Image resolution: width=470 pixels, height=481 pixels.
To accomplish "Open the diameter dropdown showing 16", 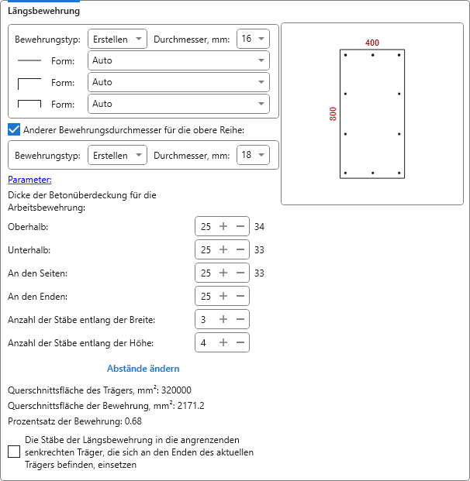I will [x=252, y=39].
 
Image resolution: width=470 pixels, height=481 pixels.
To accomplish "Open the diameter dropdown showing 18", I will [x=252, y=155].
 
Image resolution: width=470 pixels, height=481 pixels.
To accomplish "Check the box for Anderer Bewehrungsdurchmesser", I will [x=14, y=129].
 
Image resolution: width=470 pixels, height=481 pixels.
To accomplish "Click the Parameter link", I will [x=29, y=180].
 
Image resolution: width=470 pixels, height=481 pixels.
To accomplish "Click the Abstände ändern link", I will [x=143, y=369].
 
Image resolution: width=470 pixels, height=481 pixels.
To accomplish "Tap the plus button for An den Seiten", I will [x=223, y=273].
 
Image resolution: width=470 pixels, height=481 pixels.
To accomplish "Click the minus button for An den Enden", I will [x=240, y=296].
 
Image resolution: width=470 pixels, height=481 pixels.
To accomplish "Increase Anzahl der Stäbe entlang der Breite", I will [x=223, y=319].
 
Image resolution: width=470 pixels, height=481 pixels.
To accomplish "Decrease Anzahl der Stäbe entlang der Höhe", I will [x=240, y=342].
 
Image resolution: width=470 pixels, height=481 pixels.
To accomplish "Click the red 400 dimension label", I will [x=372, y=43].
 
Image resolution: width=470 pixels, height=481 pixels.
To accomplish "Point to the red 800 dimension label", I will [x=333, y=114].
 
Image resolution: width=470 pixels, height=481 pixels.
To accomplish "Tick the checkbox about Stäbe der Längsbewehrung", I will [x=14, y=452].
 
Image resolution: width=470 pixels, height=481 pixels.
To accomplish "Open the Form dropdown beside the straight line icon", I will [x=178, y=60].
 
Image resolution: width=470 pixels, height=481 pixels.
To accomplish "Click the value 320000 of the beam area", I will [x=176, y=390].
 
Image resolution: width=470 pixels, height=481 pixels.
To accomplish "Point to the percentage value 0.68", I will [x=133, y=421].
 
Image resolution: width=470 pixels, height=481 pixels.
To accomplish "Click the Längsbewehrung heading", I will [x=44, y=12].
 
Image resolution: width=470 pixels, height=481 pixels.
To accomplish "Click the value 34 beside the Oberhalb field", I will [x=260, y=227].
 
